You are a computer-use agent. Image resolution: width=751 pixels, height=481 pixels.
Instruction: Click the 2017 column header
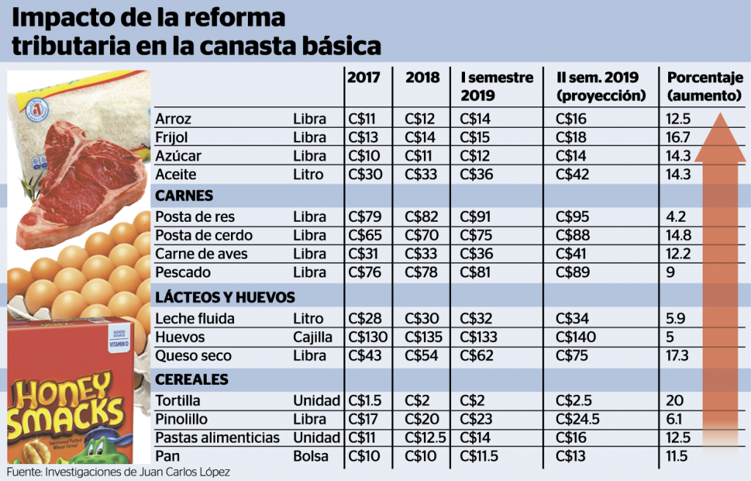pos(364,77)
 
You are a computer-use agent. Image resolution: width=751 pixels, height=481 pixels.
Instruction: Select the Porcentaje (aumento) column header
pos(705,87)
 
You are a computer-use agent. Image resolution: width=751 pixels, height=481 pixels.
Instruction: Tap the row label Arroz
pos(173,118)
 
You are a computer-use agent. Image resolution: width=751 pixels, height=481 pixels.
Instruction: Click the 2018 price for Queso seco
pos(421,355)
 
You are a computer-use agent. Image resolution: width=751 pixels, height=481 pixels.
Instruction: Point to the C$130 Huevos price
pos(367,336)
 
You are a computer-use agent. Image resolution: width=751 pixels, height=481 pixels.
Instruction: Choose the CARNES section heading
pos(184,195)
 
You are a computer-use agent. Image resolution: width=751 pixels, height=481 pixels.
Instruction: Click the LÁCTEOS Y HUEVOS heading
pos(225,297)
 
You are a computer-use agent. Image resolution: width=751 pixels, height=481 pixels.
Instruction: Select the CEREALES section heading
pos(191,380)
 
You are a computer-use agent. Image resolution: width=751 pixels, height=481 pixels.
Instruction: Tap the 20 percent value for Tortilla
pos(673,400)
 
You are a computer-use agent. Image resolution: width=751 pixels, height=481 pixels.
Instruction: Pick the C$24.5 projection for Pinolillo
pos(577,419)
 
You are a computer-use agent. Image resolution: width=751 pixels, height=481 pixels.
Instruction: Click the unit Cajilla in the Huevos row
pos(312,337)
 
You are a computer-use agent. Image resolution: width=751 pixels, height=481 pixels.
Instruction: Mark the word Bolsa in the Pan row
pos(310,456)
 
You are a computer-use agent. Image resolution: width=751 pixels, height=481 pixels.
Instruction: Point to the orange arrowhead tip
pos(720,113)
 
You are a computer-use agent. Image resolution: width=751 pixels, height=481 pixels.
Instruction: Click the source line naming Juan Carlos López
pos(118,472)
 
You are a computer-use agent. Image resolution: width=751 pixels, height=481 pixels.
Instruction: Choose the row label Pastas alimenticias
pos(217,438)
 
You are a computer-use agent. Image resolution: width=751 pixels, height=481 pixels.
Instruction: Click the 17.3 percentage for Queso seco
pos(677,355)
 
